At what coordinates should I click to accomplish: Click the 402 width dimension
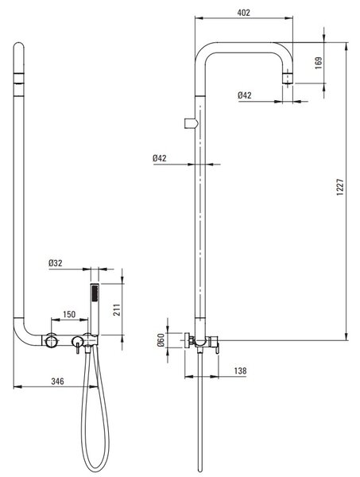243,13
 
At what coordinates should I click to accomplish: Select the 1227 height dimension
340,187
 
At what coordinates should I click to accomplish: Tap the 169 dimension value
319,63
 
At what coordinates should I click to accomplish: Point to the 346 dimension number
57,381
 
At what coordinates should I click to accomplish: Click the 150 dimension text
69,314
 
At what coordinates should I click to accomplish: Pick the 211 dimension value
117,310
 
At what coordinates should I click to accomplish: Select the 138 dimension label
240,370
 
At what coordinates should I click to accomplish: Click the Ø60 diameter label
161,340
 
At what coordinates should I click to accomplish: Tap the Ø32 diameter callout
56,263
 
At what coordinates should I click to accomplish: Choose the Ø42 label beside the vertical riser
160,158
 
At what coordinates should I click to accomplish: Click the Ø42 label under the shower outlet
245,95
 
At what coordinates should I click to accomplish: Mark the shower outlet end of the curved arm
288,79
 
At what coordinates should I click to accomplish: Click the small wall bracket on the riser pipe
192,123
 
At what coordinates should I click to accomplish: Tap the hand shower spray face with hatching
95,293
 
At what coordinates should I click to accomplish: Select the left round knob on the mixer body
51,340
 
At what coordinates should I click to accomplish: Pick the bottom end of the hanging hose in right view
199,469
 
